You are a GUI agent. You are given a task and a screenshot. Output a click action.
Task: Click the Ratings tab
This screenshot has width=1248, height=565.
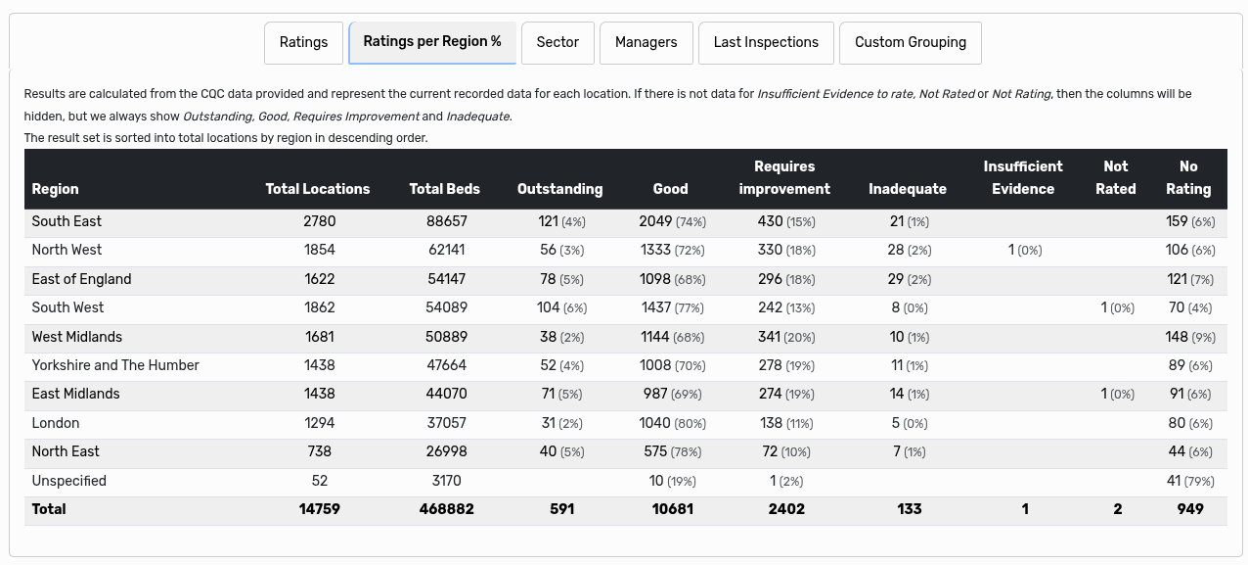[303, 42]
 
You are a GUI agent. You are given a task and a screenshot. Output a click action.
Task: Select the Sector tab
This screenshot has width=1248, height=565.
[557, 42]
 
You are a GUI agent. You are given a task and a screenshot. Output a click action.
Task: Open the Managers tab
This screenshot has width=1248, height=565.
[646, 42]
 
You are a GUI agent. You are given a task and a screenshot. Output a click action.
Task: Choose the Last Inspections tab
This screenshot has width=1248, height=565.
[766, 42]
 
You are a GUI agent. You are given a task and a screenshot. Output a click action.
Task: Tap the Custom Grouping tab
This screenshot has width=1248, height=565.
[910, 42]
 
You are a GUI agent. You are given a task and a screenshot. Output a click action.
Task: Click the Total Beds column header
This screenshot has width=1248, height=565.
[445, 189]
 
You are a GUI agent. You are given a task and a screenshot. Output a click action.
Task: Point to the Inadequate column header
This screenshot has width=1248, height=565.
[908, 189]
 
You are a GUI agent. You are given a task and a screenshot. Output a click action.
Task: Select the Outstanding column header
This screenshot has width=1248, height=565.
[559, 189]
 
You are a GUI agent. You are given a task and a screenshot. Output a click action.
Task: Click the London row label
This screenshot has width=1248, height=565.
[56, 423]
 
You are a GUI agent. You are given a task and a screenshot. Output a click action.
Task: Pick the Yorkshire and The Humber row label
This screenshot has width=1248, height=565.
[115, 365]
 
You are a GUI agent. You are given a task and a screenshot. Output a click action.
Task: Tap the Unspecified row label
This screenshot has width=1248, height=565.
[68, 481]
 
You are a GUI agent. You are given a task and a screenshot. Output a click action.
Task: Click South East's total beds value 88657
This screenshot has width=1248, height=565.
[447, 221]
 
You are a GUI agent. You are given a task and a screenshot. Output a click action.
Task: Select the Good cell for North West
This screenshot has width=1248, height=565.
[672, 250]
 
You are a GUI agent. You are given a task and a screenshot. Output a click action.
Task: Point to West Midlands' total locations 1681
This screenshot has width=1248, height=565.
[319, 337]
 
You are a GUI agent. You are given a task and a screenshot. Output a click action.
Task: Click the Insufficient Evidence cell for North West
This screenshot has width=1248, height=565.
[1024, 250]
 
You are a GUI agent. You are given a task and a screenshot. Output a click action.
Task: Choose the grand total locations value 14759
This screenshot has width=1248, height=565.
[319, 509]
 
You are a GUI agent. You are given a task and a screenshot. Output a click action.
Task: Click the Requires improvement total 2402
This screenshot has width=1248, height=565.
[786, 509]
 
